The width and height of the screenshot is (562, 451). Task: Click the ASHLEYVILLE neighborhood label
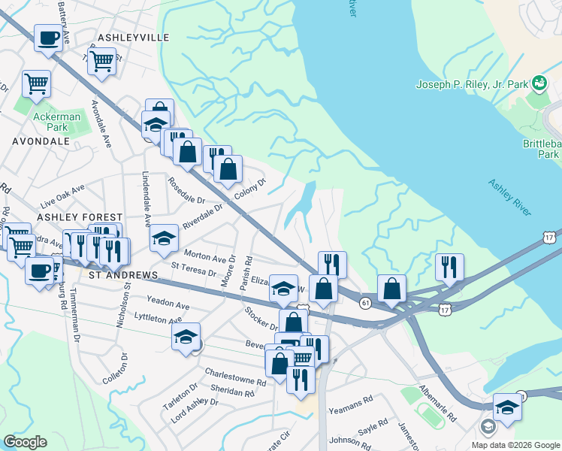click(x=133, y=37)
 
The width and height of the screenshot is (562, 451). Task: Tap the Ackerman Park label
click(x=50, y=122)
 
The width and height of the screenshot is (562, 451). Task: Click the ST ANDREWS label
click(x=123, y=276)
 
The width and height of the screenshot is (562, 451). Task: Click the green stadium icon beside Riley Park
click(x=539, y=81)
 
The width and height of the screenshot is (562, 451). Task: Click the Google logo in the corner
click(x=26, y=442)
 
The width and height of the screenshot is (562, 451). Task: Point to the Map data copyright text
click(x=515, y=445)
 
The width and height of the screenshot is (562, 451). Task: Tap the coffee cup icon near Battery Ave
click(x=49, y=38)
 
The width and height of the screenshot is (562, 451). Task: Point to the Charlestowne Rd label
click(x=236, y=377)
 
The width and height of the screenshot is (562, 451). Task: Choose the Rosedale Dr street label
click(x=186, y=191)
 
